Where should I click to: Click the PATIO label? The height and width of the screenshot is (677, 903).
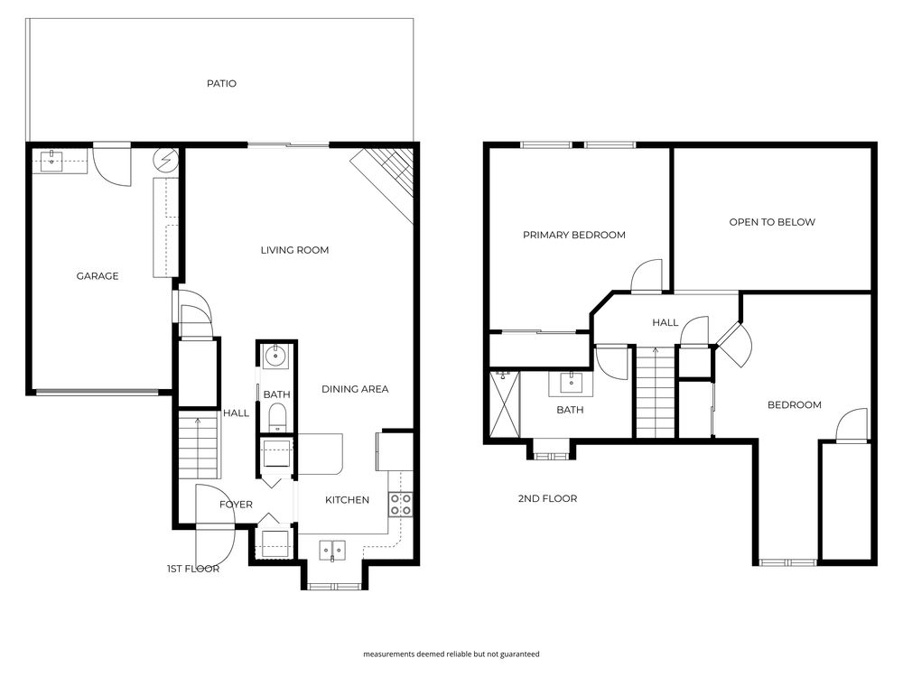click(x=221, y=84)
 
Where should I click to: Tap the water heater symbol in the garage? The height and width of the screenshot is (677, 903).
click(x=166, y=161)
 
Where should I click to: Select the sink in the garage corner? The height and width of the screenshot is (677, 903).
click(x=51, y=160)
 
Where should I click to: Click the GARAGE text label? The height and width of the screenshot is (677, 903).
click(x=97, y=276)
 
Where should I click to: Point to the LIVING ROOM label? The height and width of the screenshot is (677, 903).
click(x=294, y=250)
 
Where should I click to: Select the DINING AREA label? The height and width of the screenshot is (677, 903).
click(x=355, y=389)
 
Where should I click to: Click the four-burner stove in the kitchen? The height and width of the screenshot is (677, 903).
click(x=401, y=505)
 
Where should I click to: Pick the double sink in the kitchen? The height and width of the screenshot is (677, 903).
click(x=331, y=548)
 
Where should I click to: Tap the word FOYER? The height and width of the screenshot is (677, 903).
click(x=236, y=505)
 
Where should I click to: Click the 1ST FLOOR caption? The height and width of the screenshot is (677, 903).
click(x=193, y=570)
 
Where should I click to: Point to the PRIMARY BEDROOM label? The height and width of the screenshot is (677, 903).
click(x=573, y=236)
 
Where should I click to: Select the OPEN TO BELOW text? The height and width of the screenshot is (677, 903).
click(x=772, y=222)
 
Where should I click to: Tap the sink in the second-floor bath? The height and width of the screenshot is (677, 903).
click(x=572, y=383)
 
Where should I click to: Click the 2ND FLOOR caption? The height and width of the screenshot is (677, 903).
click(x=547, y=498)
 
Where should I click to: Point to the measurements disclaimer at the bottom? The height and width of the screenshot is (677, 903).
click(x=451, y=654)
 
